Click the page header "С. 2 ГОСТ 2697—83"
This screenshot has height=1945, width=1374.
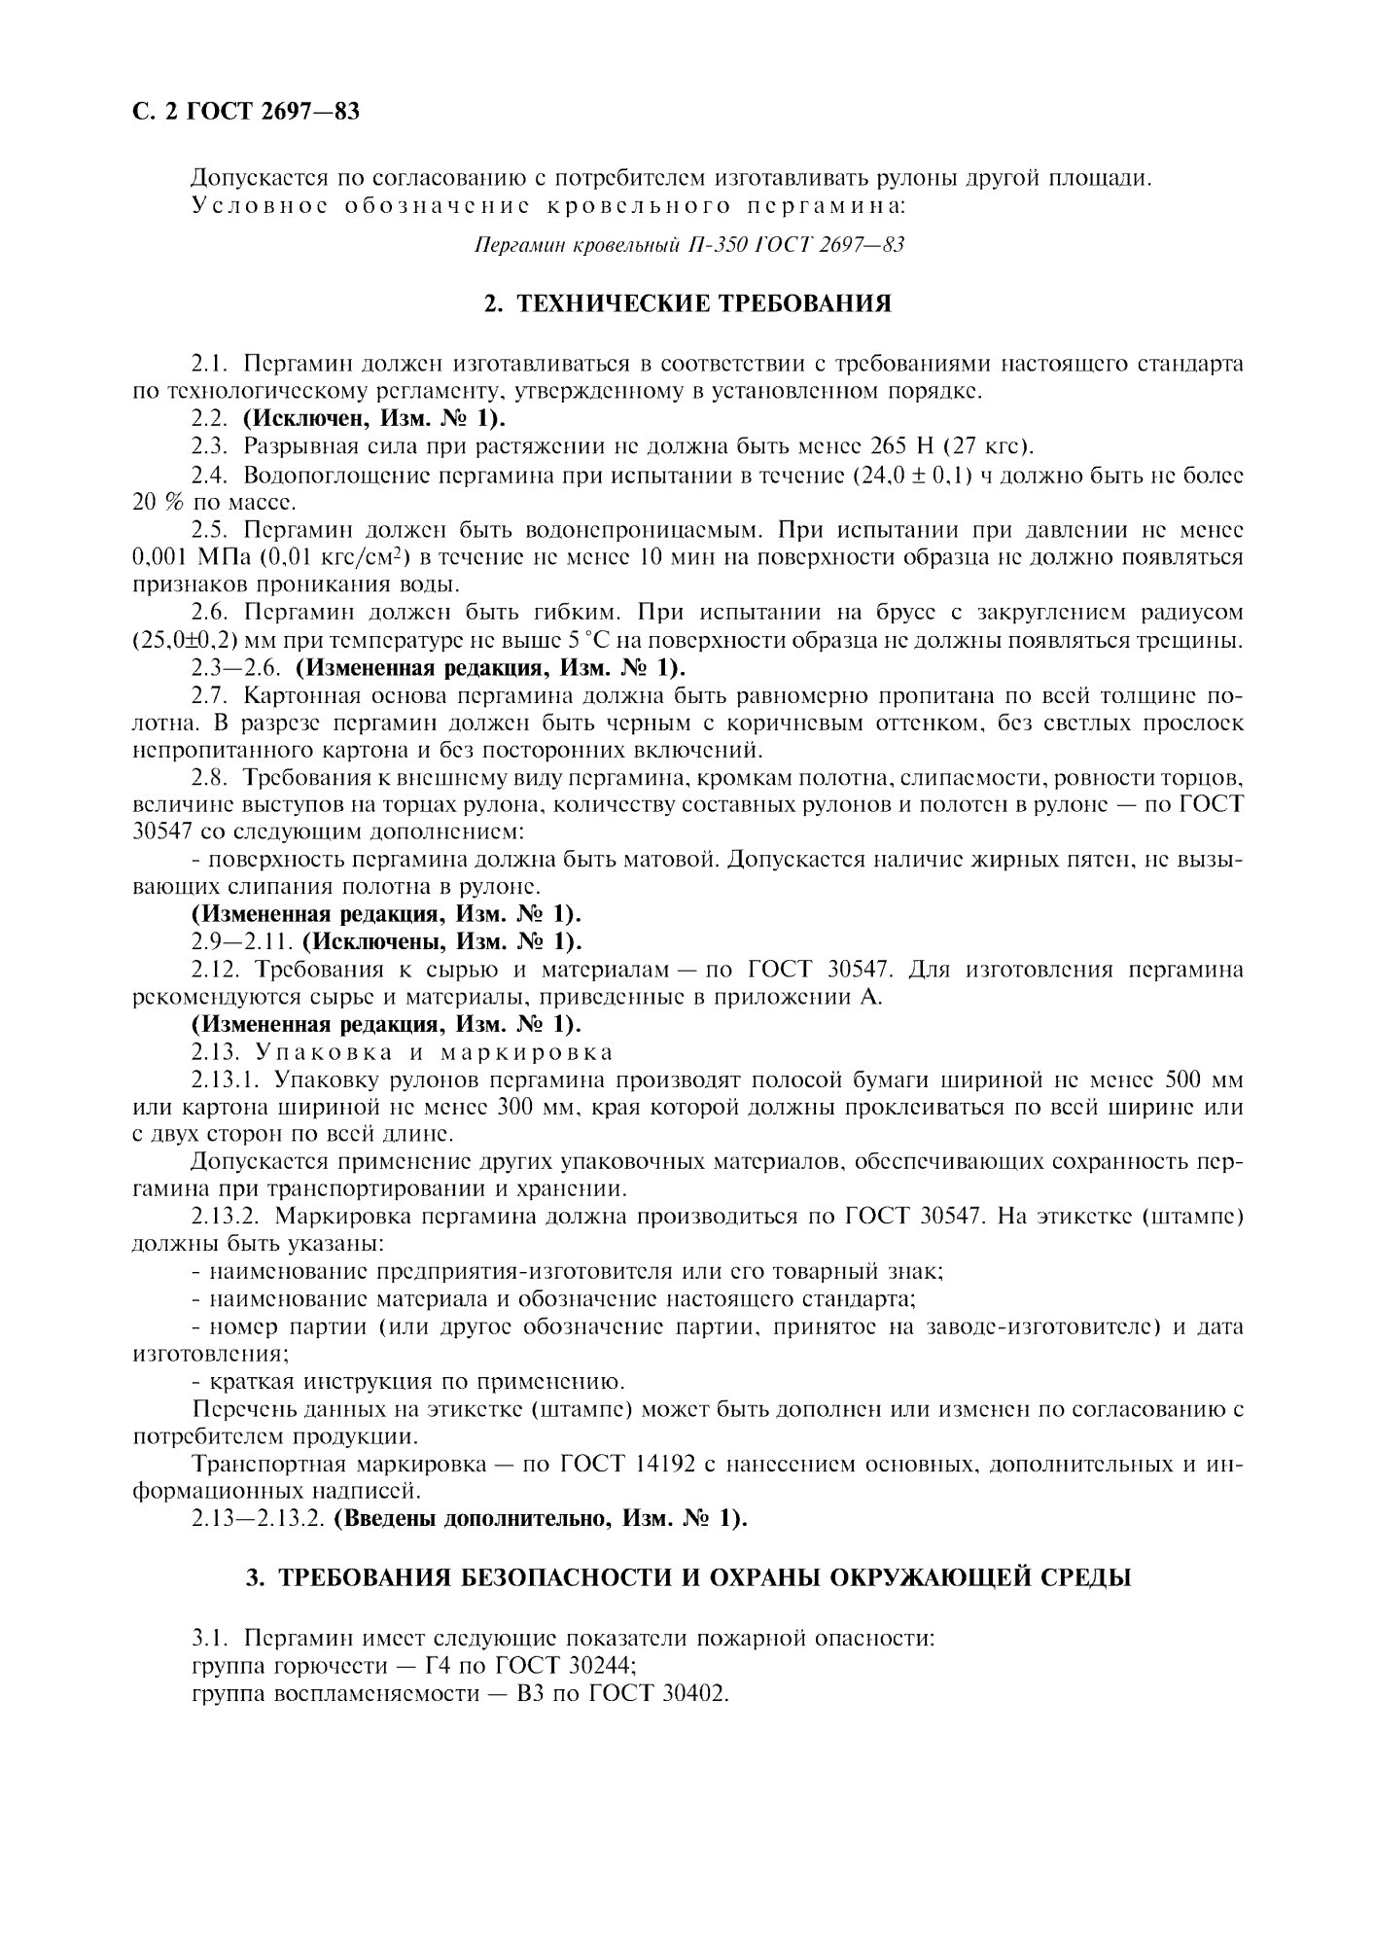click(246, 112)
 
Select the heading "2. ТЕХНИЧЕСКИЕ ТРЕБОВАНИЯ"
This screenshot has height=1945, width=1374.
click(687, 304)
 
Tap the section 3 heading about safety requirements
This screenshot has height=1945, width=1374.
click(687, 1578)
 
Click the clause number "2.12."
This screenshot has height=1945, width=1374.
click(218, 970)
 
